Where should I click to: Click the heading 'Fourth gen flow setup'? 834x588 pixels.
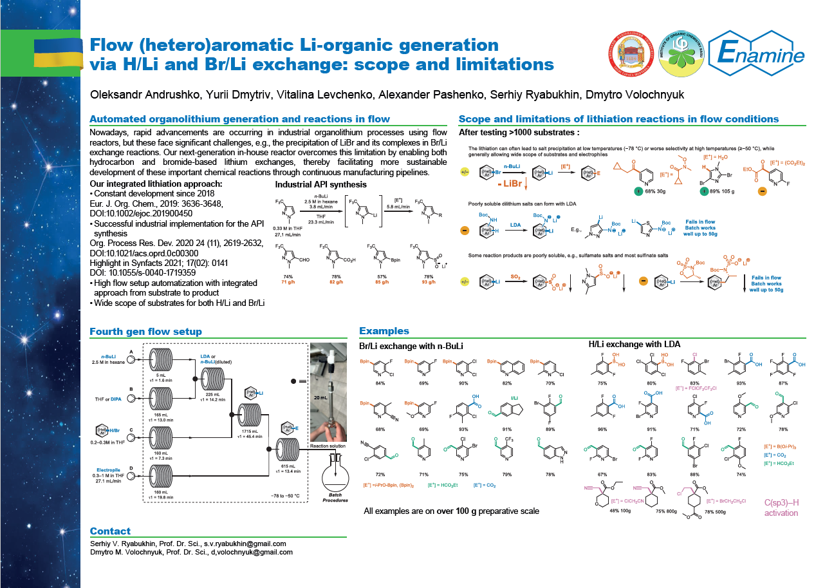click(x=145, y=332)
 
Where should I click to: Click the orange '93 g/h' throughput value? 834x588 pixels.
click(x=429, y=281)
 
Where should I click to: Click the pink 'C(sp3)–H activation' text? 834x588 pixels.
click(x=781, y=507)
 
